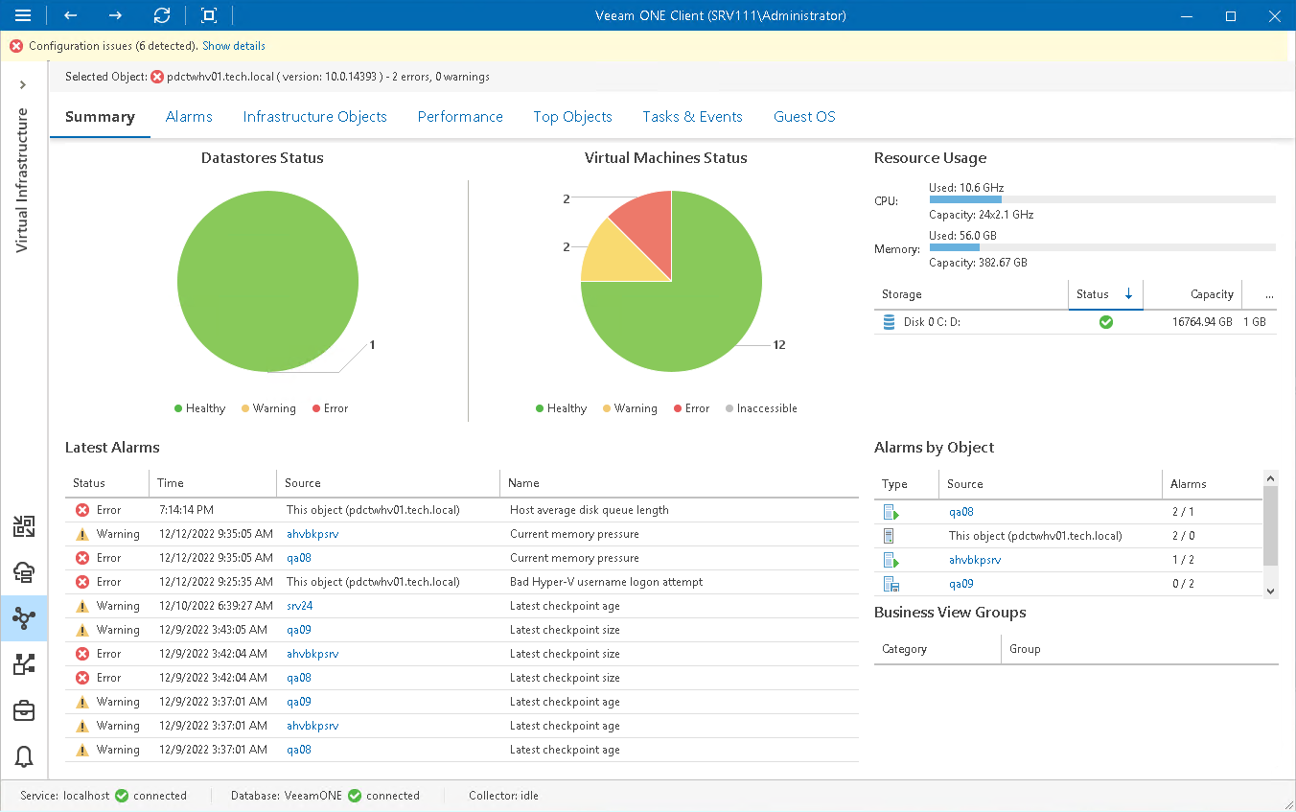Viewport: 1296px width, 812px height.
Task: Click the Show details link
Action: [x=233, y=46]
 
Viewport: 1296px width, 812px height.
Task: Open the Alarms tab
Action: [x=189, y=117]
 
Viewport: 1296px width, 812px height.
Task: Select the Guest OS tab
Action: [x=804, y=117]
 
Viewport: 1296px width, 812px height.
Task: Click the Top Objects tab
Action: [x=572, y=117]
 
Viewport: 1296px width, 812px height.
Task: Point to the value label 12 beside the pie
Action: [x=778, y=345]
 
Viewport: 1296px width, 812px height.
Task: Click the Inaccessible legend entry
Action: [x=766, y=408]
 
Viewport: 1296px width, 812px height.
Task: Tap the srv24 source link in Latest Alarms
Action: [x=300, y=606]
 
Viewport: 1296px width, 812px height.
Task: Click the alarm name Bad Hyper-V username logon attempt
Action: [x=606, y=582]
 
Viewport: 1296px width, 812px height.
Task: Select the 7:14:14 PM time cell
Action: [x=186, y=510]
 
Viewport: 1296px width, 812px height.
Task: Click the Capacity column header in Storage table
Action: [x=1212, y=294]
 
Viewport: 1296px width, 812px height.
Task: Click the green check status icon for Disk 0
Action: [x=1105, y=322]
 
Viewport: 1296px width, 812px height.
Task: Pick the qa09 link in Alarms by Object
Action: [x=960, y=584]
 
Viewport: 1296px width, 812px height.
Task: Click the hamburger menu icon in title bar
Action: [x=23, y=15]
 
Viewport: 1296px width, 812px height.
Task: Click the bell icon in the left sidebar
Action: [x=24, y=757]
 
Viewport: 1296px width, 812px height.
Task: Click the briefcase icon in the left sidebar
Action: [x=24, y=710]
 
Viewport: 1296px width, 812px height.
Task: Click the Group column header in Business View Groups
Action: [x=1025, y=649]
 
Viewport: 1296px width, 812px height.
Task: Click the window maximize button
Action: [x=1231, y=15]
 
